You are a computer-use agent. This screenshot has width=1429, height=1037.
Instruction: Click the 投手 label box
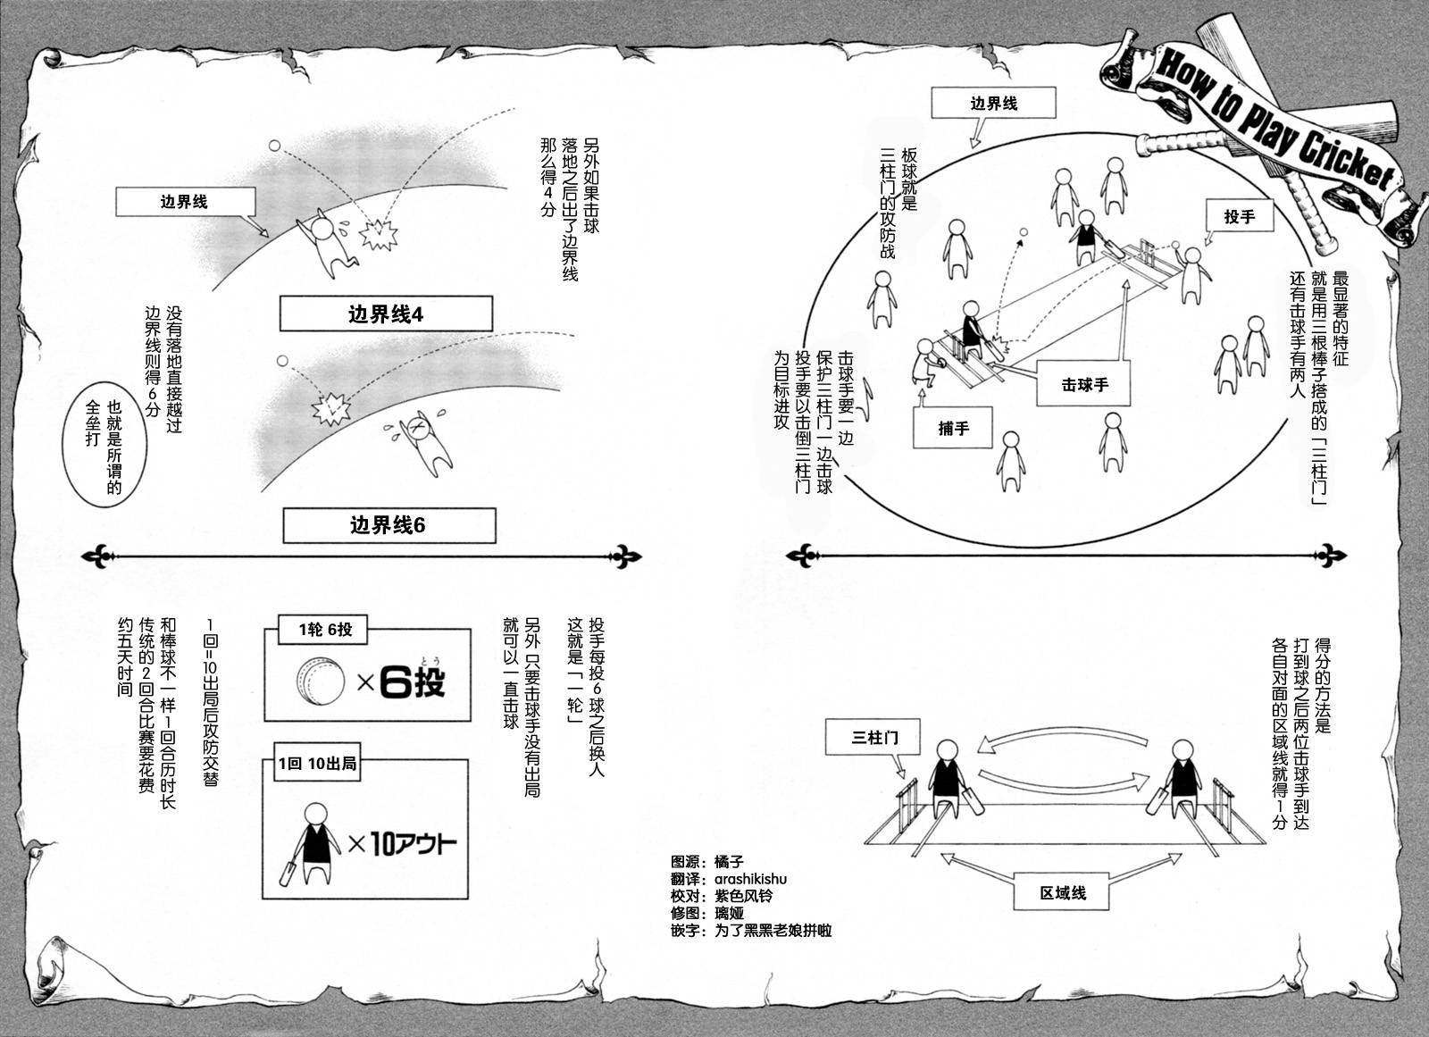click(x=1239, y=216)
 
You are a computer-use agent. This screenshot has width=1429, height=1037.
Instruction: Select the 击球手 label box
click(x=1084, y=385)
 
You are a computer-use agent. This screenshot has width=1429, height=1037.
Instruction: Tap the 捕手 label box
click(x=953, y=428)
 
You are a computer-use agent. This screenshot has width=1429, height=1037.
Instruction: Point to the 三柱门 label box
click(x=874, y=738)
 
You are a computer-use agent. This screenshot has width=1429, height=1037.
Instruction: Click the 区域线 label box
click(x=1063, y=892)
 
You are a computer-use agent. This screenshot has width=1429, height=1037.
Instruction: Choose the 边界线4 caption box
click(x=385, y=314)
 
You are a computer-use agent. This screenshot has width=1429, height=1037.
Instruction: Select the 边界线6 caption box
click(x=389, y=525)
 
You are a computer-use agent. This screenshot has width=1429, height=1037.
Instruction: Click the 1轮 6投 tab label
click(x=325, y=630)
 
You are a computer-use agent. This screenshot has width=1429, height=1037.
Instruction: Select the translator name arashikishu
click(x=750, y=879)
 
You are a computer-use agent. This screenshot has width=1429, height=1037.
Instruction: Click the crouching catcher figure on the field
click(x=924, y=364)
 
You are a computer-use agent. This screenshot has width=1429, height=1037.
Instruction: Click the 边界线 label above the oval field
click(x=993, y=104)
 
